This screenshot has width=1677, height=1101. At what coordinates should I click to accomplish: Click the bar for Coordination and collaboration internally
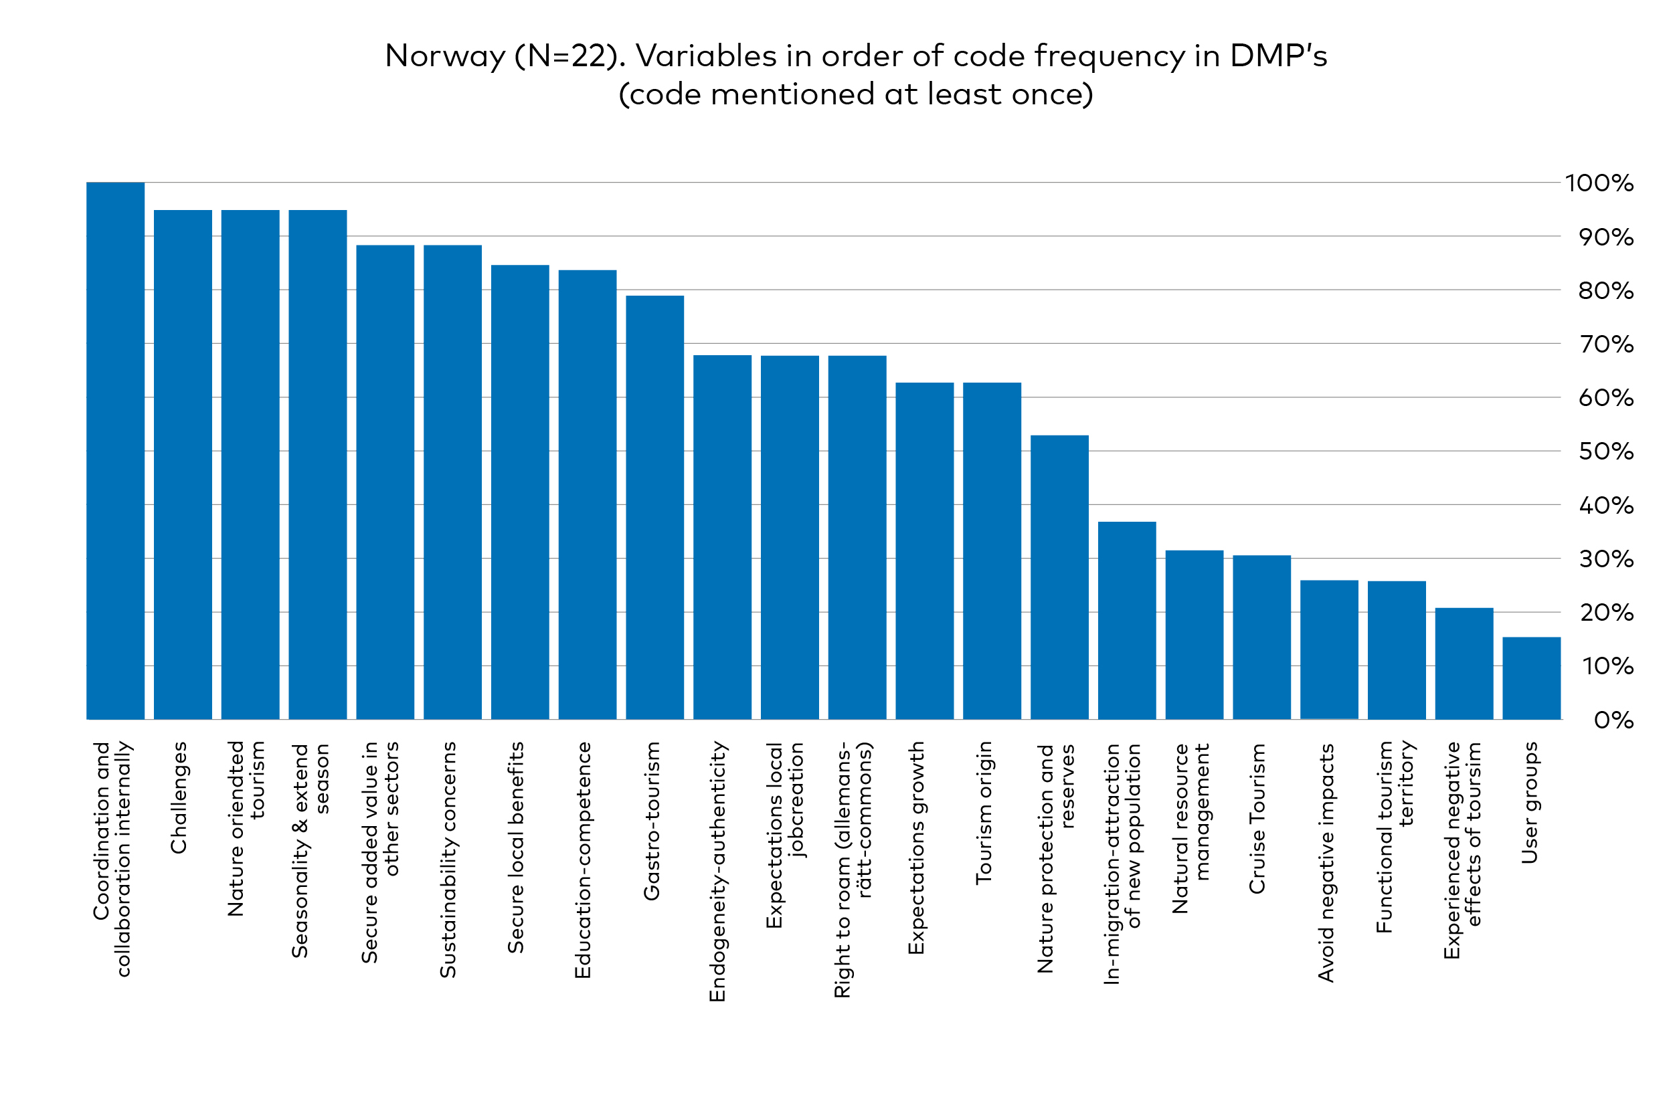tap(116, 451)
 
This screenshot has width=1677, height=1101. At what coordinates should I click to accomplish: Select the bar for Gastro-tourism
tap(654, 507)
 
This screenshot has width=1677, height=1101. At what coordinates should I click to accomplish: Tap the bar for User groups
tap(1531, 678)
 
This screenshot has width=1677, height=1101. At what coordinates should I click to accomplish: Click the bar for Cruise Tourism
tap(1261, 637)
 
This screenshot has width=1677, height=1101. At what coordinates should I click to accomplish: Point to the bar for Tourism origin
tap(991, 551)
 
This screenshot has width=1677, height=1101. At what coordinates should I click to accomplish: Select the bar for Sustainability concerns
tap(452, 482)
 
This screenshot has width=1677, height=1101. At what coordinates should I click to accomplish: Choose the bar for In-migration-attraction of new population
tap(1127, 620)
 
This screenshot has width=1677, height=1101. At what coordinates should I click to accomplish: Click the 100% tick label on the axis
tap(1599, 184)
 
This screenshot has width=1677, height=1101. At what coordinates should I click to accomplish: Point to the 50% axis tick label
tap(1605, 452)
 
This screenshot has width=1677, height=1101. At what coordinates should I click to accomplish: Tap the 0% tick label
tap(1613, 720)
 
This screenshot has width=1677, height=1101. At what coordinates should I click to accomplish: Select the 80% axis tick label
tap(1605, 291)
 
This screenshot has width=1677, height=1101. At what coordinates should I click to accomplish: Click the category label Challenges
tap(179, 797)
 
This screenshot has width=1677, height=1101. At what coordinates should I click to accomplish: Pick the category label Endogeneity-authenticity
tap(717, 871)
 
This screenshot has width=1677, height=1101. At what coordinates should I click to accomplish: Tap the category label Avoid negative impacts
tap(1326, 862)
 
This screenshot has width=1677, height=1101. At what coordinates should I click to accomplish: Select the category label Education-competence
tap(583, 860)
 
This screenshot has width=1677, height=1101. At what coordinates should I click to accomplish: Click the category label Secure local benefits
tap(516, 847)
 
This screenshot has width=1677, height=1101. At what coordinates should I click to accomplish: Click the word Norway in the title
tap(445, 56)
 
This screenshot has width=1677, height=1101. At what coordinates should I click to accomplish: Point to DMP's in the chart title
tap(1277, 56)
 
